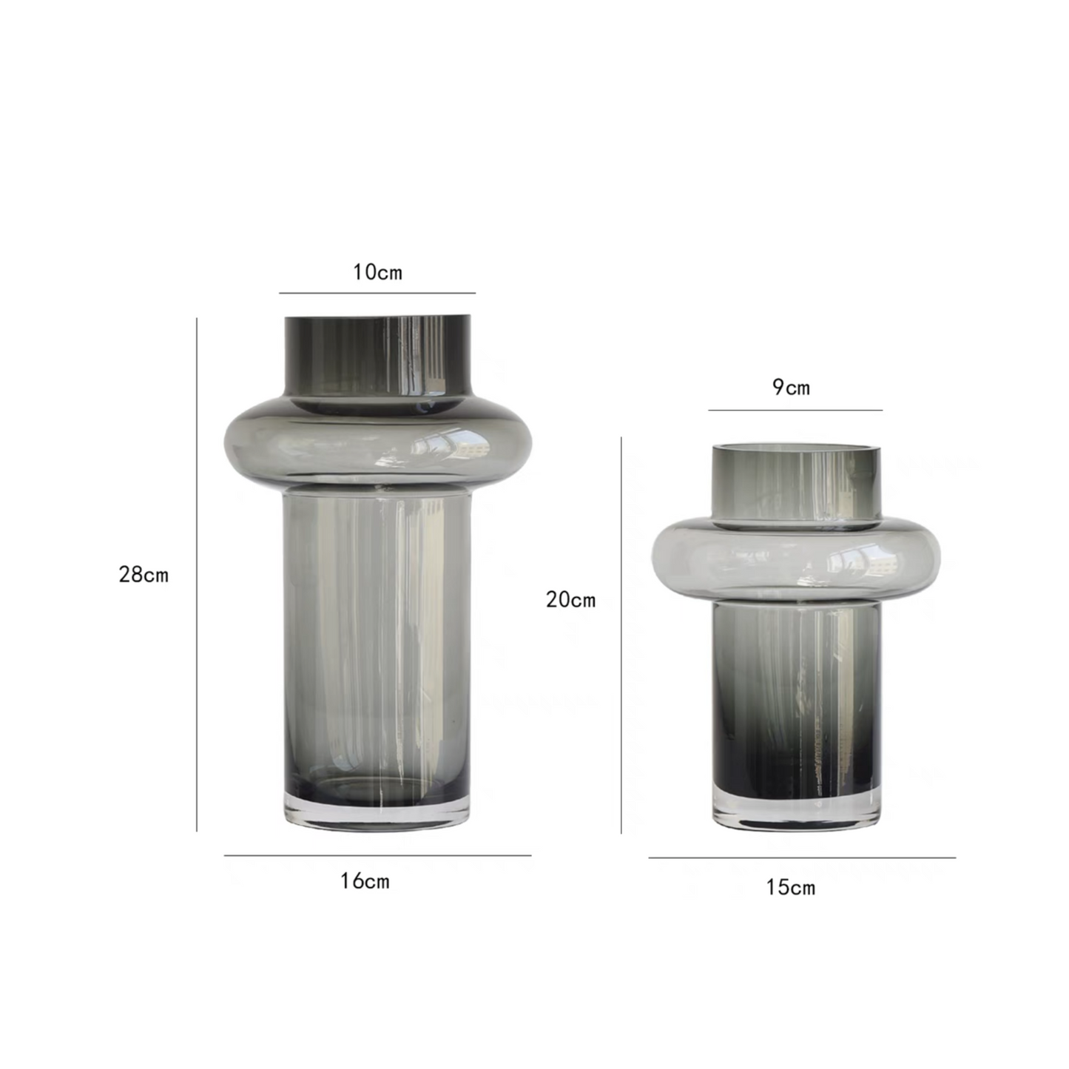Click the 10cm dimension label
(378, 272)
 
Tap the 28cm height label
(144, 574)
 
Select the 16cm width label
(365, 881)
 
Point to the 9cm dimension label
(791, 387)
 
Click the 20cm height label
(571, 599)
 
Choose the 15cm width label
(791, 888)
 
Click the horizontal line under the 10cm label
(377, 292)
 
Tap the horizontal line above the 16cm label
(378, 855)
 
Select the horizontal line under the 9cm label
(795, 410)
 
